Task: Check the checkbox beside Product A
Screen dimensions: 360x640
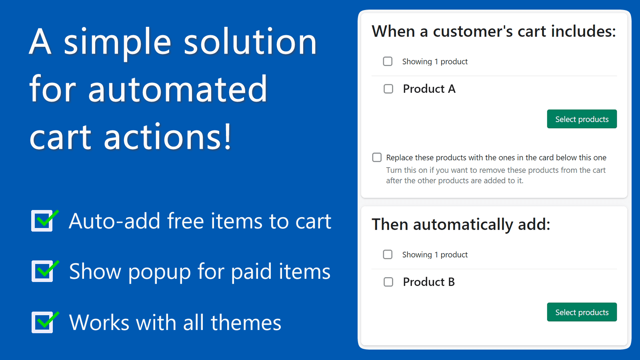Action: click(388, 89)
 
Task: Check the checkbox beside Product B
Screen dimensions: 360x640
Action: click(388, 282)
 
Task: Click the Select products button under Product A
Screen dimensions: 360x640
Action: click(582, 119)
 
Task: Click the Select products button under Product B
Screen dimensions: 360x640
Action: click(582, 312)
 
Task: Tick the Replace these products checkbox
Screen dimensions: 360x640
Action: click(377, 157)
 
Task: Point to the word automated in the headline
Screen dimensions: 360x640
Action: click(178, 90)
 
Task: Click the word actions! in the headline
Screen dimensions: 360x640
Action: click(168, 137)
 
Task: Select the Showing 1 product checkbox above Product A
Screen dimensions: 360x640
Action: click(388, 61)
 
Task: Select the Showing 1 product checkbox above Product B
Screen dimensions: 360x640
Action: click(388, 254)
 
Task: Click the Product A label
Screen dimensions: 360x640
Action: click(429, 89)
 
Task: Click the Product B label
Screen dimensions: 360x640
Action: click(429, 282)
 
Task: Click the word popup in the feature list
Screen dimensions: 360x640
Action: click(160, 272)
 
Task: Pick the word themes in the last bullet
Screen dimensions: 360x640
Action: click(246, 323)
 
